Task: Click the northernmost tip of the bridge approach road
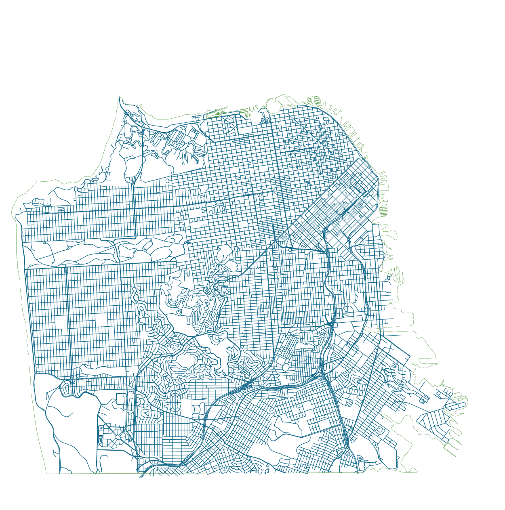(119, 97)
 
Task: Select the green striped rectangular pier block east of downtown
(383, 211)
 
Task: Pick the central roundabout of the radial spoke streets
(118, 437)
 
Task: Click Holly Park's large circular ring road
(286, 367)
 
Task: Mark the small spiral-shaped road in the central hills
(179, 312)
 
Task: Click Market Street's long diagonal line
(259, 258)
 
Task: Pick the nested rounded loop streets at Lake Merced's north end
(67, 389)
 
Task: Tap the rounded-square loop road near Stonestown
(121, 399)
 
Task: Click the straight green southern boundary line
(202, 473)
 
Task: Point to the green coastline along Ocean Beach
(24, 323)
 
